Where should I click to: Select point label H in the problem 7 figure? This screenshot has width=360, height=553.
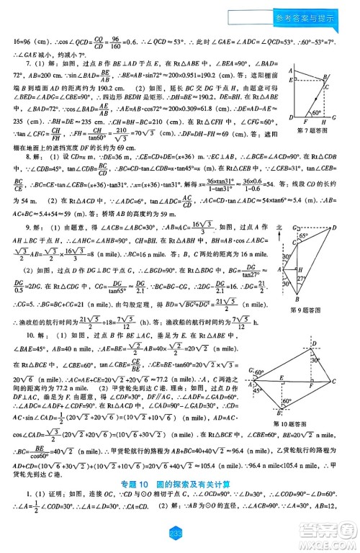tap(323, 122)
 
